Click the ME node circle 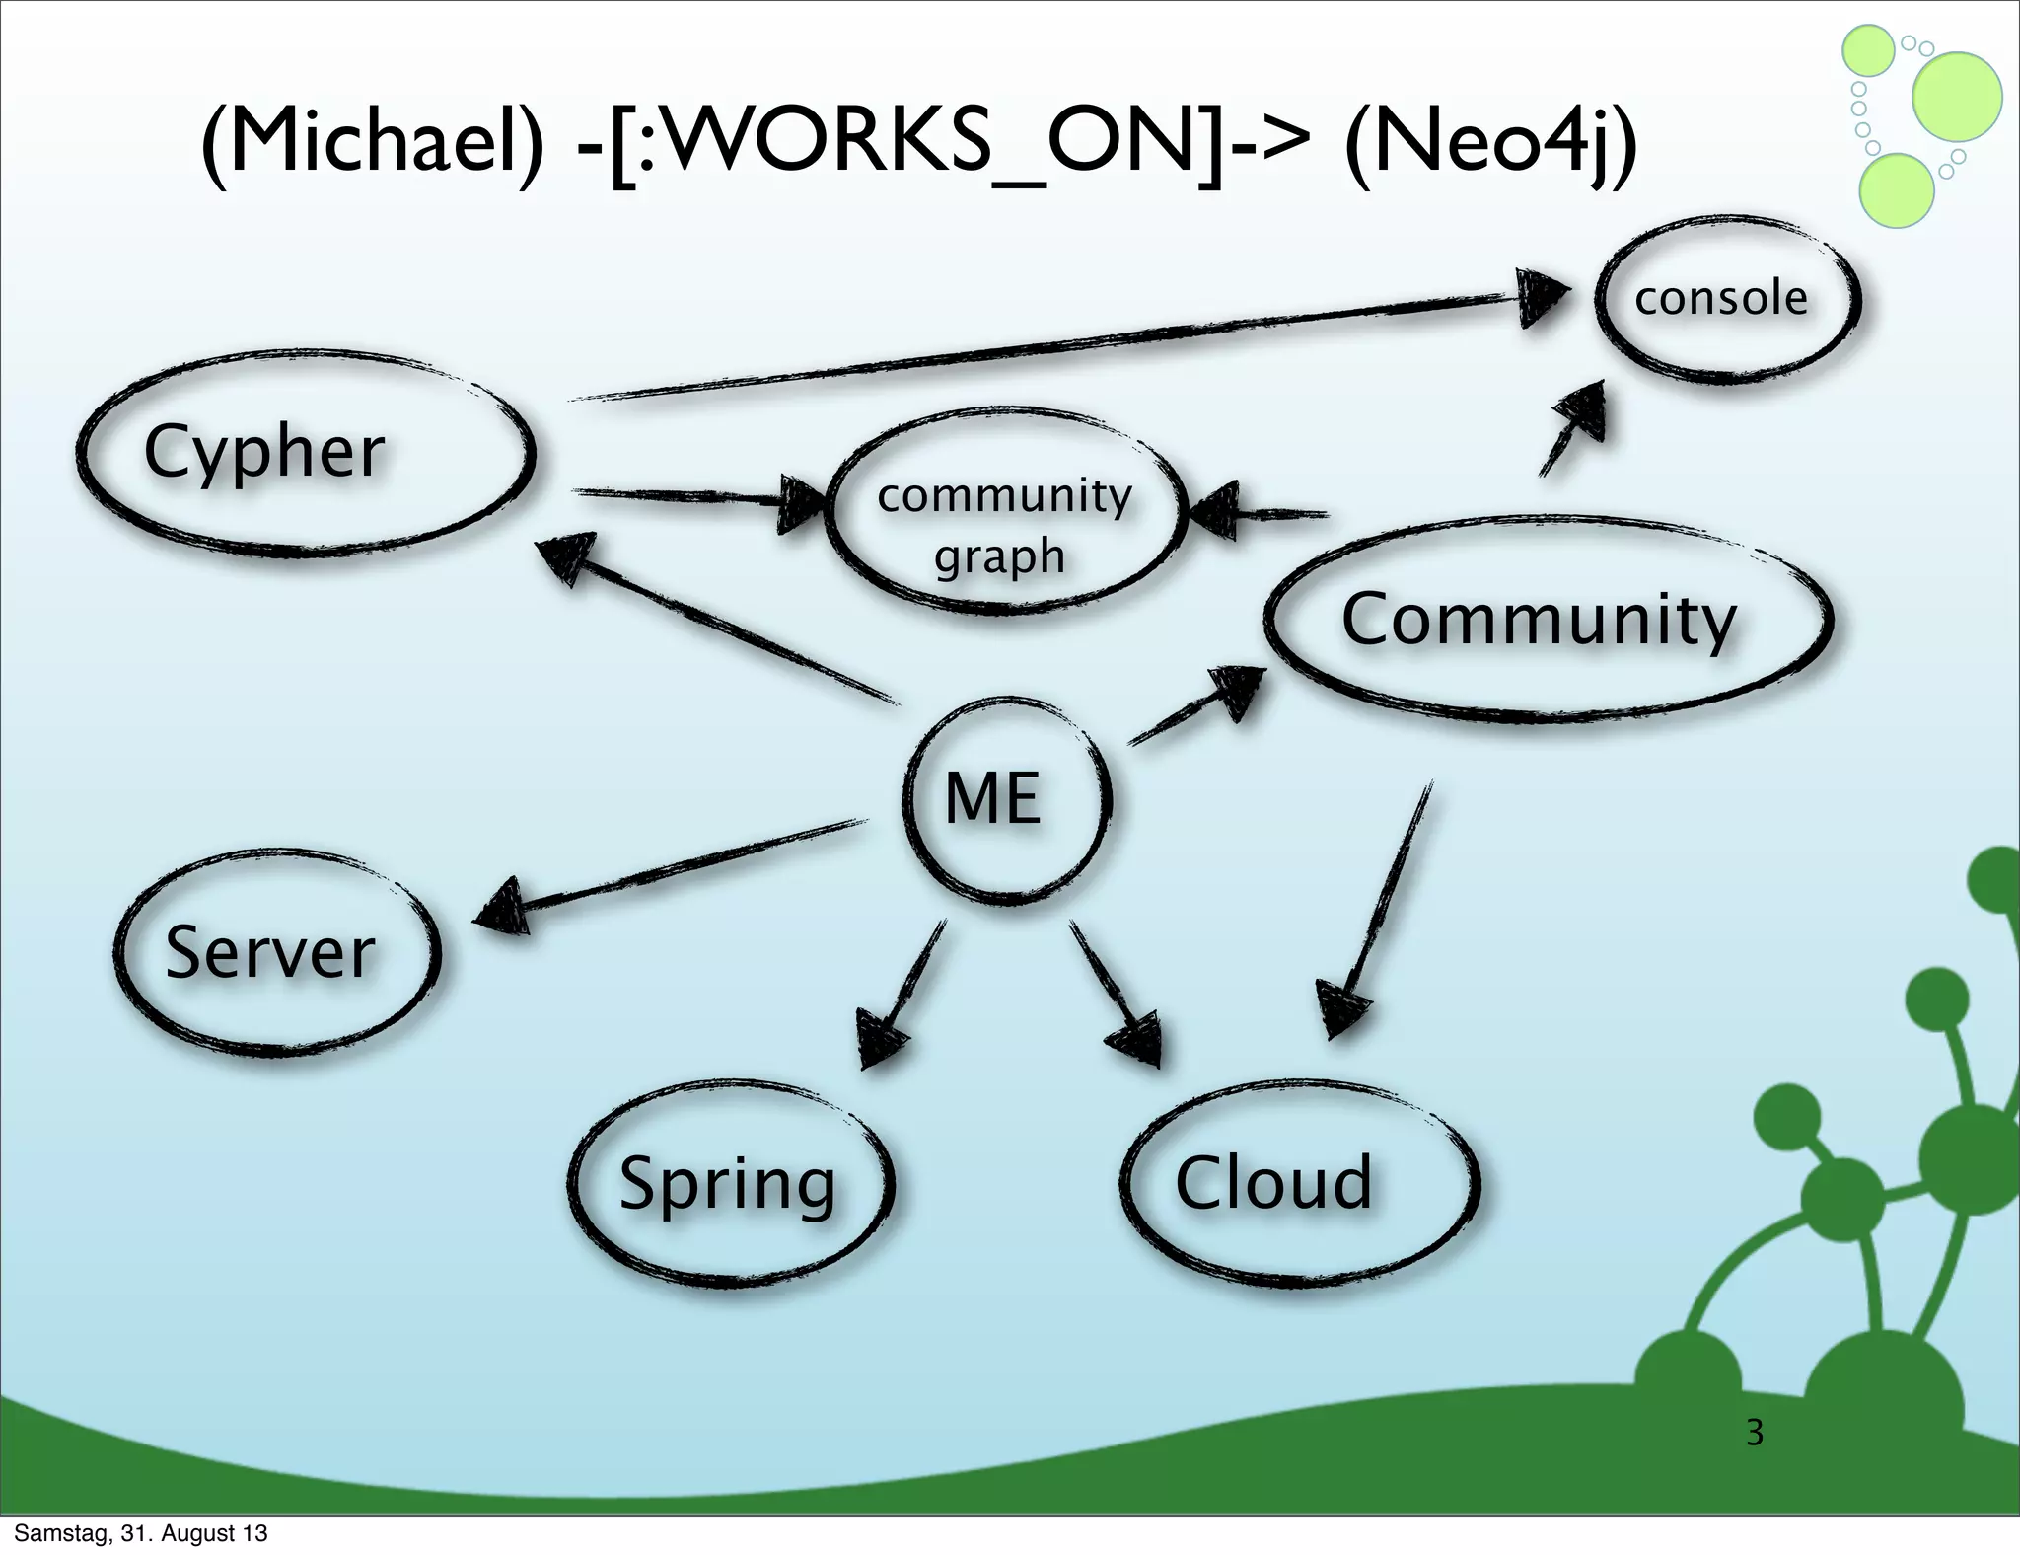coord(1006,799)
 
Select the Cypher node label coord(264,452)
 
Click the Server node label coord(270,953)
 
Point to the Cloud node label coord(1274,1182)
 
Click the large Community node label coord(1539,620)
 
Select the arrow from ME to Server coord(671,873)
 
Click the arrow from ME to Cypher coord(720,622)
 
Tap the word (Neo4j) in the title coord(1489,144)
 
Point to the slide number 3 coord(1754,1433)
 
